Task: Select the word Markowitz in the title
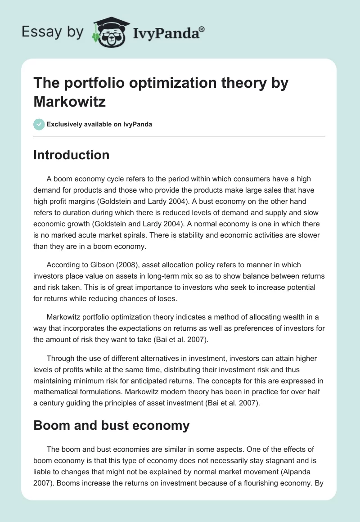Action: tap(70, 101)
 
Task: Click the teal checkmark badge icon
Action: tap(40, 124)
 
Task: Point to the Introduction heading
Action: tap(72, 155)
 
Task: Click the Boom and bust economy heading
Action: tap(112, 426)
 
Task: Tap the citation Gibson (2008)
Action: tap(105, 265)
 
